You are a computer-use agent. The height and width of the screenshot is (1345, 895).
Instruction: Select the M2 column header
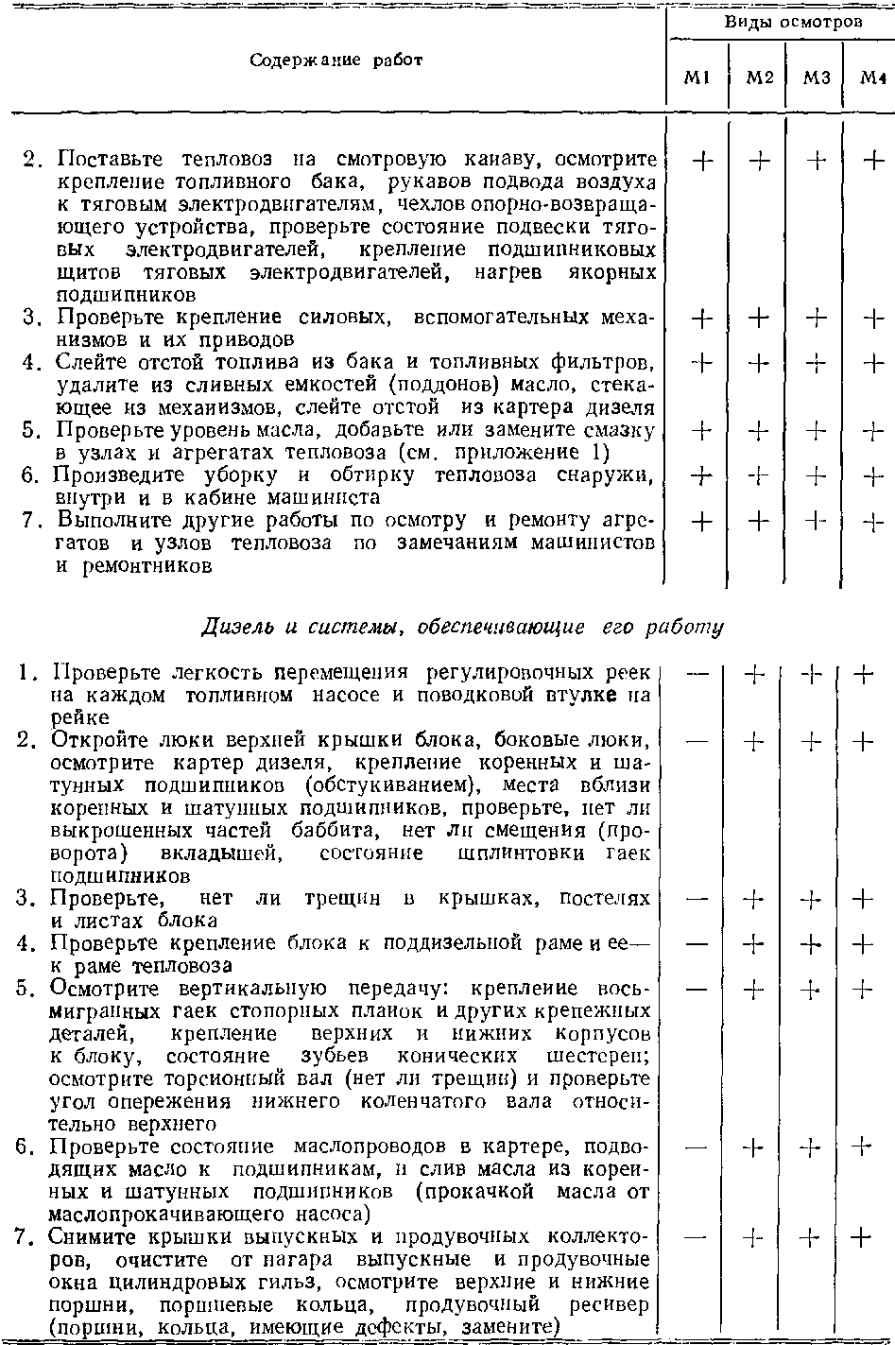pyautogui.click(x=759, y=79)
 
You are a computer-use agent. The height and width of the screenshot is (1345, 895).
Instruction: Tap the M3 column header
pyautogui.click(x=815, y=79)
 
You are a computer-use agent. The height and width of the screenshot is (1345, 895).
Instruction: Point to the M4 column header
pyautogui.click(x=870, y=79)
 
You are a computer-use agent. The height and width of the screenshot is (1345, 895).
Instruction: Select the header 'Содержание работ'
pyautogui.click(x=336, y=60)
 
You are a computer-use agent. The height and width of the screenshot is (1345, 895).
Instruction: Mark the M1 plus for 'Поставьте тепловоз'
pyautogui.click(x=701, y=161)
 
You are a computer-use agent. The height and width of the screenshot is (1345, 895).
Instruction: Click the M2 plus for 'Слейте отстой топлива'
pyautogui.click(x=758, y=363)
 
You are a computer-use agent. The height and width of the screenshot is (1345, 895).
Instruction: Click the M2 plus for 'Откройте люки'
pyautogui.click(x=756, y=742)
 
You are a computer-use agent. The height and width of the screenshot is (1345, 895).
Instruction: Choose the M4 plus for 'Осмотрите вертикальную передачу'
pyautogui.click(x=861, y=990)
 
